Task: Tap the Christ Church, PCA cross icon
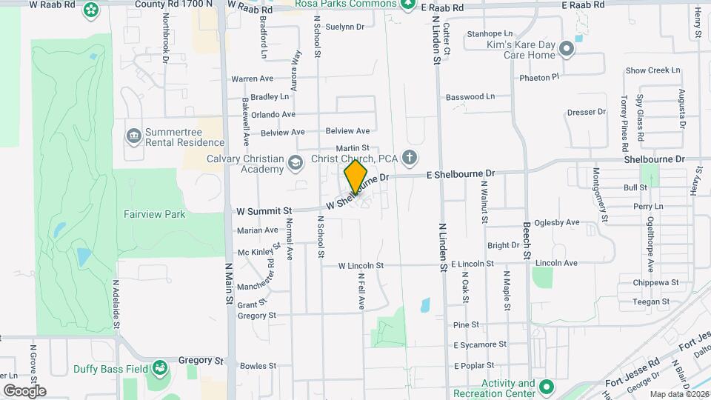coord(409,158)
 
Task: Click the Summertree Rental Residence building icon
coord(134,135)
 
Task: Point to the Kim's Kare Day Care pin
coord(567,49)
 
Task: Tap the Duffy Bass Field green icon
coord(159,367)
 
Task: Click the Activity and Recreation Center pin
coord(546,387)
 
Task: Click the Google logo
coord(24,390)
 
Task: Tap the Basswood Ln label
coord(470,97)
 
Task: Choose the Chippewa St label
coord(655,282)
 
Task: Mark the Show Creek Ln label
coord(652,70)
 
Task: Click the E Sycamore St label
coord(479,344)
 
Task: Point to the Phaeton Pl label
coord(538,77)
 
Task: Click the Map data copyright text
coord(679,394)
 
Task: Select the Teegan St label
coord(651,301)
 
